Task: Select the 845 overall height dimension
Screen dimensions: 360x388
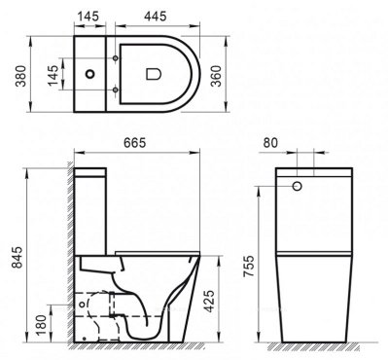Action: click(13, 258)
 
